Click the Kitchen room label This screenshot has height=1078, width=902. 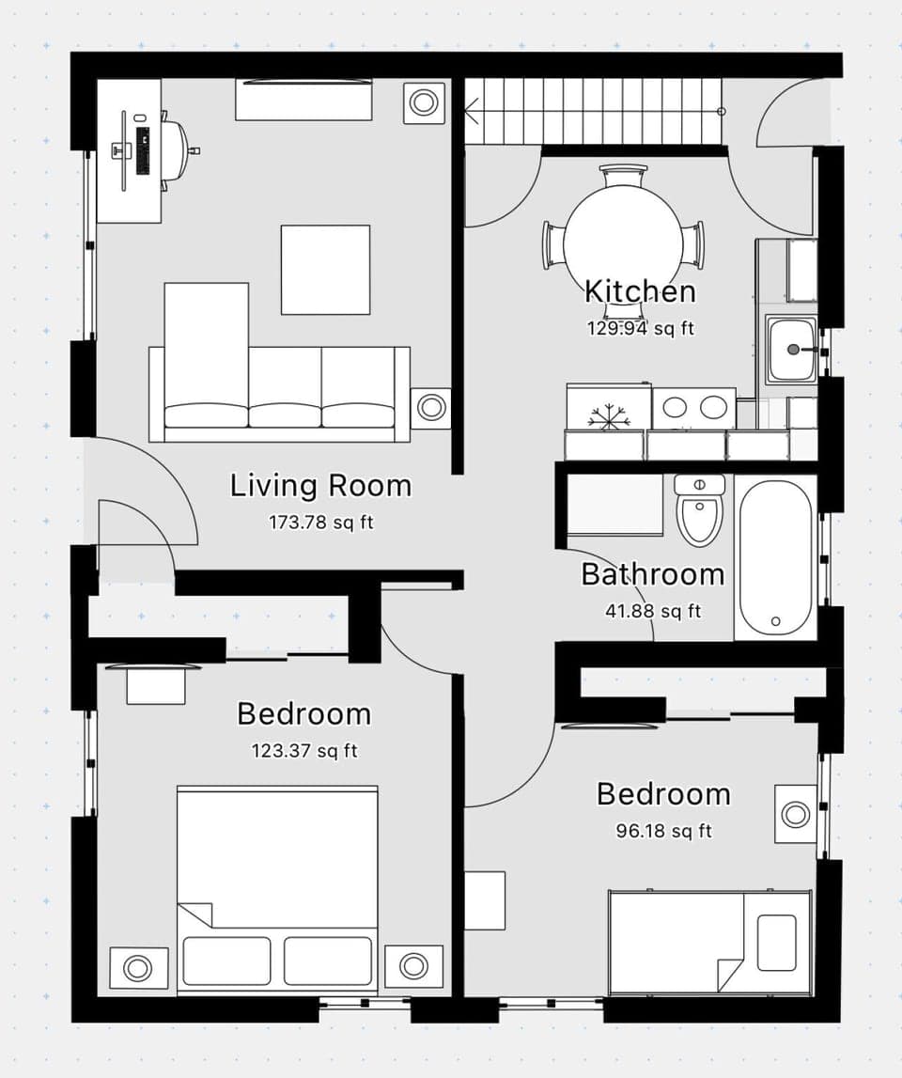[x=640, y=291]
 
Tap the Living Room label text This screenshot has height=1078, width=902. [x=320, y=486]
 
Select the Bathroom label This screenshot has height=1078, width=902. [x=652, y=574]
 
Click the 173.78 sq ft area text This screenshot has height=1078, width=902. [x=320, y=523]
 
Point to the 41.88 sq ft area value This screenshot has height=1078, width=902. [x=652, y=611]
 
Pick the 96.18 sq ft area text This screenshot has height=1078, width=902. [x=663, y=831]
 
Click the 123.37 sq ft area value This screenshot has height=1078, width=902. [x=304, y=751]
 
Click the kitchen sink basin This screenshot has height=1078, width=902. [x=790, y=350]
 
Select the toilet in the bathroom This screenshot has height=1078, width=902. [x=700, y=512]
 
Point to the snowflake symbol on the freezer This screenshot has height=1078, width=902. [x=608, y=416]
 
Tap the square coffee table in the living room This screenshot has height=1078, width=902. [x=325, y=270]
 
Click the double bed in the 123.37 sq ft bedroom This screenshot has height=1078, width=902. [x=277, y=888]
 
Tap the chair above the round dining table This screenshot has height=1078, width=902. [x=623, y=174]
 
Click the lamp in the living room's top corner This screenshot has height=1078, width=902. [x=425, y=102]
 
